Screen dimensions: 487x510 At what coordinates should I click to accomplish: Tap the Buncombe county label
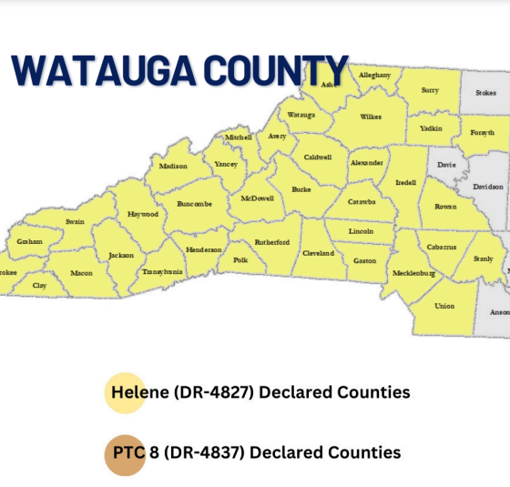click(194, 204)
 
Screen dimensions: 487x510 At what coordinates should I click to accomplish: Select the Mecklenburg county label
click(413, 273)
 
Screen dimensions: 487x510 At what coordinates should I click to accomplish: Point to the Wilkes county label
click(371, 117)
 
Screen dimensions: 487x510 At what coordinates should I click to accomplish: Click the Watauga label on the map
click(301, 116)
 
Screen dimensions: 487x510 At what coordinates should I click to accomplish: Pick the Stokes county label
click(486, 92)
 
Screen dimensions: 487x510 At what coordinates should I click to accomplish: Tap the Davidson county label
click(488, 187)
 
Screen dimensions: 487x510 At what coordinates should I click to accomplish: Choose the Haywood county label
click(143, 215)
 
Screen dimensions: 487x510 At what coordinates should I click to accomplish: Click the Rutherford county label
click(271, 242)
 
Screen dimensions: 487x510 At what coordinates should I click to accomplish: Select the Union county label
click(444, 306)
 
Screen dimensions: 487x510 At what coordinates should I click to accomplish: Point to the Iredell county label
click(405, 182)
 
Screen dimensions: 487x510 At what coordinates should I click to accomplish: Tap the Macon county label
click(81, 273)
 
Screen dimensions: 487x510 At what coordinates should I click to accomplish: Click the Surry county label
click(429, 91)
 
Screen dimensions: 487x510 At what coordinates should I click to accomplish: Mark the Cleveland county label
click(318, 252)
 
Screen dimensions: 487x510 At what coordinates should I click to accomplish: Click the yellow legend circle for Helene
click(125, 392)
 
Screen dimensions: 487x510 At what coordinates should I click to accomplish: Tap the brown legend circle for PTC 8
click(125, 452)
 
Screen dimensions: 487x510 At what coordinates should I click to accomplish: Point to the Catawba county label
click(362, 202)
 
